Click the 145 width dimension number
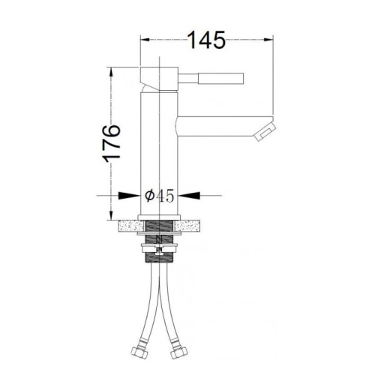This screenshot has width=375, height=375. [206, 40]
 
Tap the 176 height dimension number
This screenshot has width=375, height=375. [112, 143]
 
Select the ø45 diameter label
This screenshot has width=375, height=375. [160, 196]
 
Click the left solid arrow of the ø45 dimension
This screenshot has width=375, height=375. [128, 196]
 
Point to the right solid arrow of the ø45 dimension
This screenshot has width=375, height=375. [190, 196]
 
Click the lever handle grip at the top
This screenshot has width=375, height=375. [220, 79]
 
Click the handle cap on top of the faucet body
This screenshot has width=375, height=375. [159, 79]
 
